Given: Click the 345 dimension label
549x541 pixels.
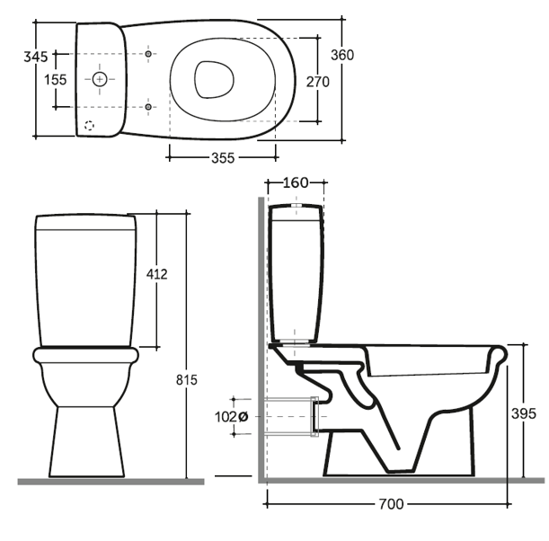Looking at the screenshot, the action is click(35, 57).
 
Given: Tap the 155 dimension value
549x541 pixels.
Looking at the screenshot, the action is click(56, 80).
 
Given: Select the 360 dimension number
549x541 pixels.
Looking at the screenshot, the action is click(342, 55).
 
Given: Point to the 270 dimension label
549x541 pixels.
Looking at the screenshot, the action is click(317, 82).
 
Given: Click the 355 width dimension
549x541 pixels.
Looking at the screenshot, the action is click(223, 158).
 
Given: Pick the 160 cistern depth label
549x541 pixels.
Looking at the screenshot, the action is click(295, 182).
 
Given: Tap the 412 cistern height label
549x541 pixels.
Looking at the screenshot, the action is click(157, 274).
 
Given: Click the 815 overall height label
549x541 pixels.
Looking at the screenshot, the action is click(187, 379).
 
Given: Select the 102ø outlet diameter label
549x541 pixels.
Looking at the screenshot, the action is click(231, 417).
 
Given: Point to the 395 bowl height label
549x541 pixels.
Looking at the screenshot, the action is click(524, 413).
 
